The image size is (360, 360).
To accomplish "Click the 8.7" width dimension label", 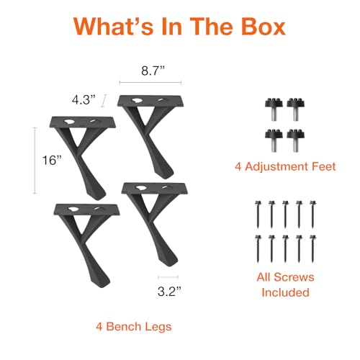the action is pos(153,71).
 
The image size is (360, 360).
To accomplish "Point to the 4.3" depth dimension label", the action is pos(84,99).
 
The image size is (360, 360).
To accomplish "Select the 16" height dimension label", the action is pos(52,160).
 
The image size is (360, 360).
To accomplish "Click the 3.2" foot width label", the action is pos(169,291).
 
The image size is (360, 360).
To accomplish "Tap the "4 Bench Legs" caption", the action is pos(134,327).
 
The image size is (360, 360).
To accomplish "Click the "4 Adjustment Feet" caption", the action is pos(285,166).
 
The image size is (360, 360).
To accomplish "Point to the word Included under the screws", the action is pos(285,292).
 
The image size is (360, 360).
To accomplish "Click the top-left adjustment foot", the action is pos(274,109).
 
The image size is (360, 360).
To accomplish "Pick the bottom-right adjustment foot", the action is pos(296,140).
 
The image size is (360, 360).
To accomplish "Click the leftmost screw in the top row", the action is pos(258,215).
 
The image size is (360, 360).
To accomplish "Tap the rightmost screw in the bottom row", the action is pos(312,249).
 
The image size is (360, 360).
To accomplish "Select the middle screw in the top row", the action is pos(285,215).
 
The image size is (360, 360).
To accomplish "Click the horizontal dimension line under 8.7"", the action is pos(150,83).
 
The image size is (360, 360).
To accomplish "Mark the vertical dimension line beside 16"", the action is pos(35,161).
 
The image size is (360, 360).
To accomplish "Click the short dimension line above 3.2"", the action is pos(168,277).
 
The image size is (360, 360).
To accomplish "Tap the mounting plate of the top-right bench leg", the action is pos(150,101).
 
